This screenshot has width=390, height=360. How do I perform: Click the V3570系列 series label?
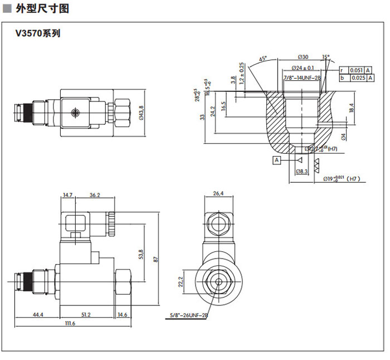tap(38, 33)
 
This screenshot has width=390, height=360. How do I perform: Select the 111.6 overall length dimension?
tap(70, 324)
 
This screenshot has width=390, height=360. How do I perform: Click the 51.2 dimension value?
tap(86, 315)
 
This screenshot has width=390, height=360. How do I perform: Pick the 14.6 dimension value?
tap(123, 315)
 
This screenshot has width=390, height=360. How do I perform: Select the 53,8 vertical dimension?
tap(141, 254)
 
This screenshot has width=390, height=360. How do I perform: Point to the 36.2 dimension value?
tap(95, 195)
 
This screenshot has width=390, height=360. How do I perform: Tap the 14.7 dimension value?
tap(68, 195)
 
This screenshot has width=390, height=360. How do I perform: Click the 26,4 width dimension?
tap(218, 193)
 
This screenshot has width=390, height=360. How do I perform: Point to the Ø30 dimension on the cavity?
tap(303, 57)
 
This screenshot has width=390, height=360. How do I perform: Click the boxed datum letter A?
tap(275, 160)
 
